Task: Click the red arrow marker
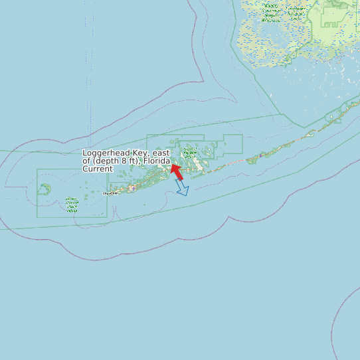tap(177, 172)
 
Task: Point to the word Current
tap(98, 169)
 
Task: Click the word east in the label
tap(161, 153)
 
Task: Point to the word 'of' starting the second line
tap(86, 161)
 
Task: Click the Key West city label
tap(110, 193)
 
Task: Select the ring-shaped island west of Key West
tap(45, 189)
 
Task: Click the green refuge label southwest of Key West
tap(72, 205)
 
